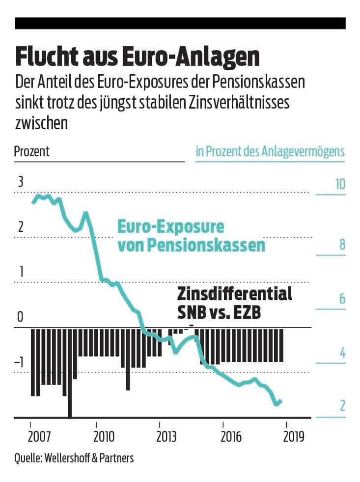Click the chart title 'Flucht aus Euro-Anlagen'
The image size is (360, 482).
point(137,57)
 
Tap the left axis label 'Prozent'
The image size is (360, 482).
point(32,151)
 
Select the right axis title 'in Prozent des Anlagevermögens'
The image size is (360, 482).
point(270,151)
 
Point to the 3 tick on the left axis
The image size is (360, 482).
point(21,182)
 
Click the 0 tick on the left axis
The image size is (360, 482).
point(21,317)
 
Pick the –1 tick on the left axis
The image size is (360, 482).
point(20,363)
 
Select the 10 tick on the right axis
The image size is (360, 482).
point(340,184)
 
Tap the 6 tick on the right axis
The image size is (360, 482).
point(342,299)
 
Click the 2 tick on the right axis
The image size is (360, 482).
point(342,406)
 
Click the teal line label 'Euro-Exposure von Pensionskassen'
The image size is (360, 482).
point(191,236)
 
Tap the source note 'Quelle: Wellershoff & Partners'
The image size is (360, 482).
point(74,458)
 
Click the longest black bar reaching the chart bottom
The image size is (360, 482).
point(70,373)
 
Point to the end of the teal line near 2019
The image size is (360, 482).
point(280,401)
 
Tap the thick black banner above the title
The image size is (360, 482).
point(180,23)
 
